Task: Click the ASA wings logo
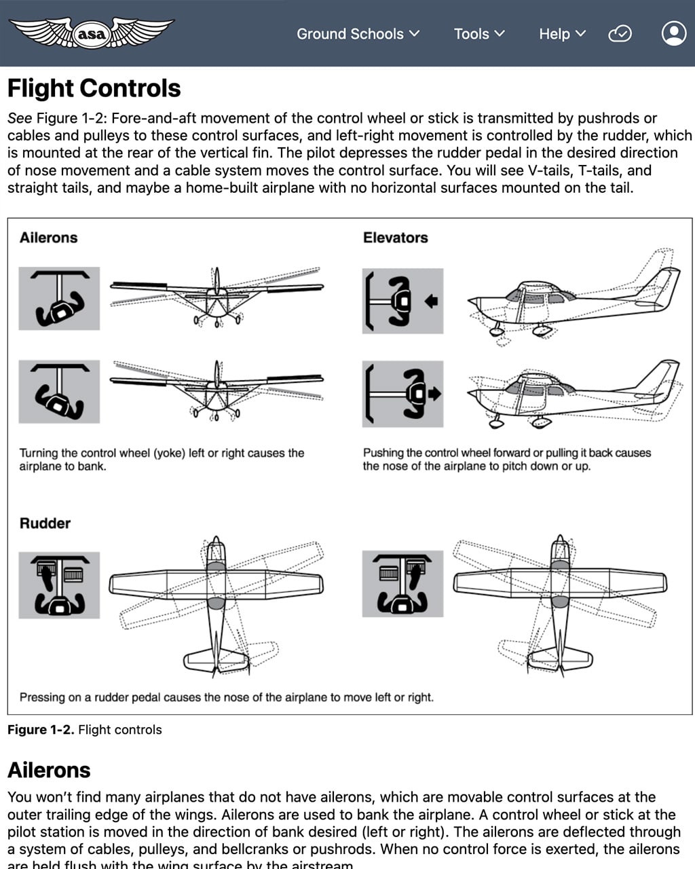92,33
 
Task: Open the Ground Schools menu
358,34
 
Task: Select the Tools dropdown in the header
479,34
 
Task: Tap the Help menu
561,34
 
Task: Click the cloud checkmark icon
620,34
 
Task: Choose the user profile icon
673,33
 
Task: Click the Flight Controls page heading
94,88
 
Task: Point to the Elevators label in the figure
395,238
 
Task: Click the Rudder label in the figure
45,523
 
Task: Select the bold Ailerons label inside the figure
48,238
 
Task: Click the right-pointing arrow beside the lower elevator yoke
434,393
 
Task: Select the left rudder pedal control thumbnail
59,585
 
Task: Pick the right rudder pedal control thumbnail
402,584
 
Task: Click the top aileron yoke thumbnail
59,299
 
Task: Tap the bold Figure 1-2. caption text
41,730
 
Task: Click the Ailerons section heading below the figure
49,770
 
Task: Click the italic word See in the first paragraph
20,118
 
